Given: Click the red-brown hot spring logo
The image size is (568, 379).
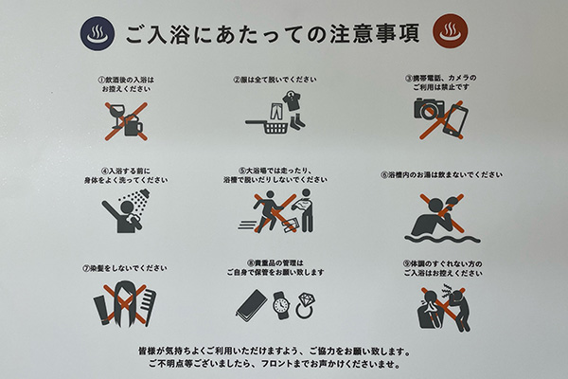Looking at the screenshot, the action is click(x=451, y=31).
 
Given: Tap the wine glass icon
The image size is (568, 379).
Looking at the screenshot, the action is click(x=117, y=116).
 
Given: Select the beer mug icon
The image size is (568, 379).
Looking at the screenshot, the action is click(x=133, y=125).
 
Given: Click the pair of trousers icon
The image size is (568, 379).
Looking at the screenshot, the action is click(x=276, y=112).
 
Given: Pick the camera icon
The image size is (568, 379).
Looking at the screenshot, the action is click(x=429, y=108).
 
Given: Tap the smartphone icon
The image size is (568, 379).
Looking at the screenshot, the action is click(x=455, y=120).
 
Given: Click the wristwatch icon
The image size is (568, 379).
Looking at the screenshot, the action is click(x=281, y=305).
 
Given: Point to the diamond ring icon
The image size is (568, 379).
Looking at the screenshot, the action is click(x=304, y=306).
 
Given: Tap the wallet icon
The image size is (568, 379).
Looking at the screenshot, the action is click(x=251, y=305).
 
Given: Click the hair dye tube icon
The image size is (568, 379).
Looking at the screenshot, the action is click(x=102, y=311).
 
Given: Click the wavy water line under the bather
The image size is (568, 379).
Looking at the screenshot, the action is click(x=442, y=239).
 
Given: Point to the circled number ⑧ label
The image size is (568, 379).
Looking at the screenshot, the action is click(x=251, y=262).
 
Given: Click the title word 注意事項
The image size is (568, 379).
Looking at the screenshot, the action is click(x=375, y=34).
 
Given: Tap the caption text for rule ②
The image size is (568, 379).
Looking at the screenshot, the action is click(x=275, y=80).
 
